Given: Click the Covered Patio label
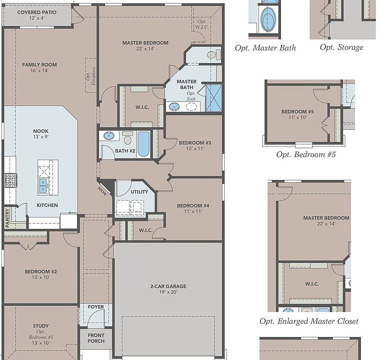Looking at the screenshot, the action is point(37,12).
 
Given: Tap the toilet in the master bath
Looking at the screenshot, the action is point(214,54).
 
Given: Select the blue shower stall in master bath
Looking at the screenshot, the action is point(213,98).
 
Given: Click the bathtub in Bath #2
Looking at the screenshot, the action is point(143,144).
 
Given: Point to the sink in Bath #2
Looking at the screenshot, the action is point(109,136).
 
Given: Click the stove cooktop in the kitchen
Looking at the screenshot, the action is point(10,180).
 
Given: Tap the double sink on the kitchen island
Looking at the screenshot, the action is point(43,186).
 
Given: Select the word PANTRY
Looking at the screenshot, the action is point(7,218).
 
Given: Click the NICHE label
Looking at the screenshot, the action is point(102,191).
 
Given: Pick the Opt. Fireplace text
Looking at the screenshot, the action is point(91,76).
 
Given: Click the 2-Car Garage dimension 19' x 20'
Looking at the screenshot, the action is point(168,292).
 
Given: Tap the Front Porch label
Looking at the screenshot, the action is point(96,338).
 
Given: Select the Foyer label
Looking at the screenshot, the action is point(96,307).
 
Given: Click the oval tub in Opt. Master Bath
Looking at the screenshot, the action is point(268,19).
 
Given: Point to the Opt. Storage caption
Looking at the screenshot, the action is point(341,47).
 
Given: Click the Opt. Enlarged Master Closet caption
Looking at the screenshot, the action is point(309,321).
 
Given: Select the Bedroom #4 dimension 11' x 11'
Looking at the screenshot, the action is point(193,211).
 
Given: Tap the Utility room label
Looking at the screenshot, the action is point(139,192).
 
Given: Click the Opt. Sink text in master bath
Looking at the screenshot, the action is point(191,96).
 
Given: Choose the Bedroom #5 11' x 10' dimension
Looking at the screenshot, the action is point(297,117).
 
